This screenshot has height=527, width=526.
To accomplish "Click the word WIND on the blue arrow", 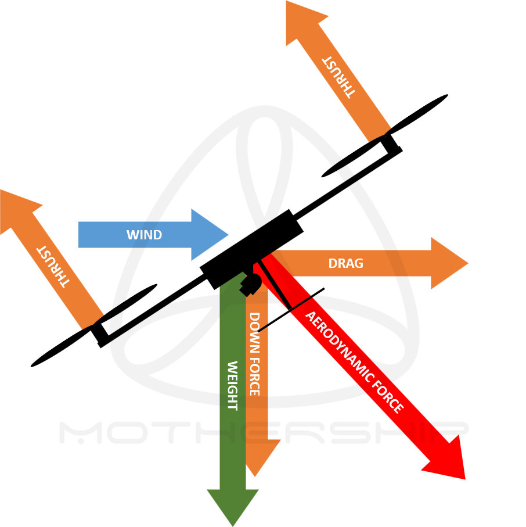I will pos(144,235).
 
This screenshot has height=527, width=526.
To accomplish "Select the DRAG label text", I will pos(345,264).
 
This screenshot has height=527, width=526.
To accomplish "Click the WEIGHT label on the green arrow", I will pos(232,385).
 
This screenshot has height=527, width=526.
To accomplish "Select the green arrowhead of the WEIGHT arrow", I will pos(233,506).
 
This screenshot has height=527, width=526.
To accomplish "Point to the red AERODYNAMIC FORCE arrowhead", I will pos(449,463).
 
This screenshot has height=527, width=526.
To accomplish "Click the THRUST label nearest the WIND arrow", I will pos(53,266).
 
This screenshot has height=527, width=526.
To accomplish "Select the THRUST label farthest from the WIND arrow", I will pos(338,77).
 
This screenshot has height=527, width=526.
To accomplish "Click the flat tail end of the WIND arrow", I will pos(80,235).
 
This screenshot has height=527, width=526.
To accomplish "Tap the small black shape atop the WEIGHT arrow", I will pos(250,285).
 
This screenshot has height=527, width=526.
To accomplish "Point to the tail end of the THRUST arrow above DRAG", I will pos(380,134).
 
